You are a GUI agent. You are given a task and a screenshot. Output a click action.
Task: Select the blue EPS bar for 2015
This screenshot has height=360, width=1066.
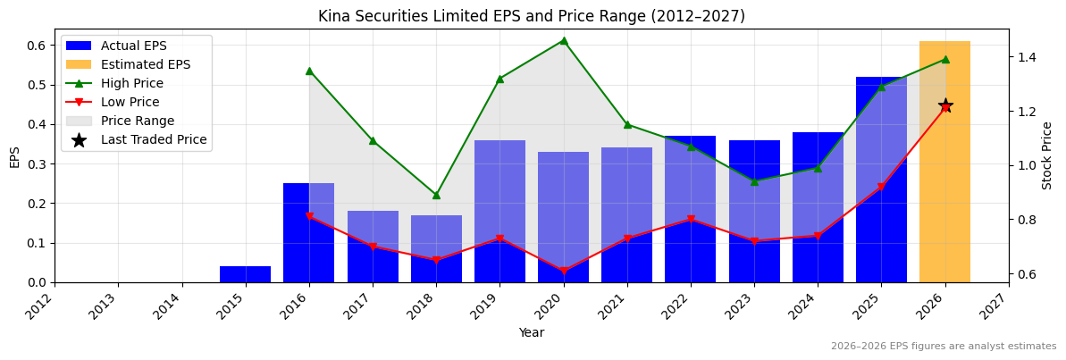[x=245, y=274]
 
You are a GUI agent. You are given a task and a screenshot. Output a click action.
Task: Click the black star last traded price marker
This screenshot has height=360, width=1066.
[x=945, y=106]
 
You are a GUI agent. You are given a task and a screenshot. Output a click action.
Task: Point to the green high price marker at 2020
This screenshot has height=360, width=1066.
[x=563, y=40]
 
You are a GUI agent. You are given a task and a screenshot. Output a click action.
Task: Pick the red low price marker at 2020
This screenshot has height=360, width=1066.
[x=563, y=271]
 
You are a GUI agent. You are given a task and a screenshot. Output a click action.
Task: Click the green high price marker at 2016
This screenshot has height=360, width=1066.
[x=309, y=71]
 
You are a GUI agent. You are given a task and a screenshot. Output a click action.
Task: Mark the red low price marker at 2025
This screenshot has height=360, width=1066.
[x=881, y=187]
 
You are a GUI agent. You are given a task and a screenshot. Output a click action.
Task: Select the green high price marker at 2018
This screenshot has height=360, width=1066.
[x=436, y=195]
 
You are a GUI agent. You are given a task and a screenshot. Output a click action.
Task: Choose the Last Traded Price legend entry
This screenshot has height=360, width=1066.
[x=153, y=139]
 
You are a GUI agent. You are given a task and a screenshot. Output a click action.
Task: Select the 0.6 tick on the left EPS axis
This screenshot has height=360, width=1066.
[x=37, y=46]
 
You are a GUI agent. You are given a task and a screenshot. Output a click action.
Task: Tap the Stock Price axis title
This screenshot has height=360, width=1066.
[x=1047, y=155]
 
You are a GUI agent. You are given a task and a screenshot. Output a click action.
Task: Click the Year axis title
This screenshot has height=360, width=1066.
[x=532, y=332]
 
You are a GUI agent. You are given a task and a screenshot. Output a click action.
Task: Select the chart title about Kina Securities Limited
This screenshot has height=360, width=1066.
[x=532, y=16]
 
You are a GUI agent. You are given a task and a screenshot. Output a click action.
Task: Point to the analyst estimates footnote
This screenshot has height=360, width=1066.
[x=944, y=347]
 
